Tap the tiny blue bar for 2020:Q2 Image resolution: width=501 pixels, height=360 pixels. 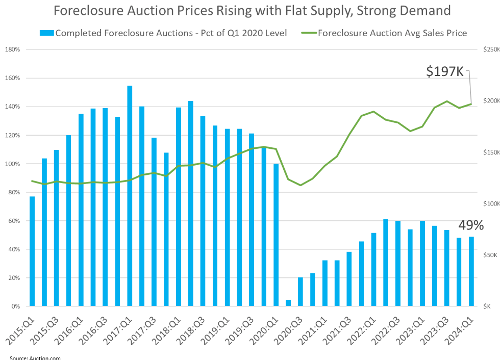[288, 303]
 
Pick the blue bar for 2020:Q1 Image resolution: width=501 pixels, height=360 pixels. [276, 235]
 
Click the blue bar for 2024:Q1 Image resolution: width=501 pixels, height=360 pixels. [471, 271]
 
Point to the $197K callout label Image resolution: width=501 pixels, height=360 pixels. [445, 72]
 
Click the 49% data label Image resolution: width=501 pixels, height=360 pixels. [470, 225]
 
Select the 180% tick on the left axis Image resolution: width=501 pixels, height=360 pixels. [13, 49]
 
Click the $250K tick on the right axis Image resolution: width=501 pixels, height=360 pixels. [491, 49]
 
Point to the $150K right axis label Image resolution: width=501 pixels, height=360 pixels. [491, 152]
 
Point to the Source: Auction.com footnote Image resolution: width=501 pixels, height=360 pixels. [35, 357]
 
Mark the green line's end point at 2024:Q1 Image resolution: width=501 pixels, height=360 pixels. [471, 104]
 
